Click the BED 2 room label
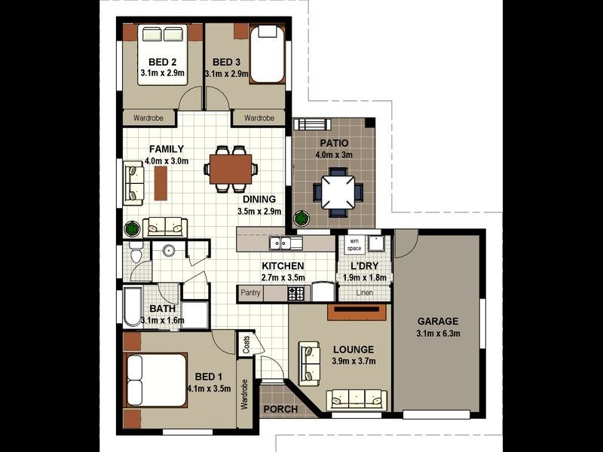pos(162,63)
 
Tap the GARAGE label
pos(438,322)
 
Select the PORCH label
pos(280,409)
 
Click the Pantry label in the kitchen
pos(250,292)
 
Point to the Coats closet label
pos(246,344)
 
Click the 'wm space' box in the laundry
pos(354,244)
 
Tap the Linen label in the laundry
pos(364,292)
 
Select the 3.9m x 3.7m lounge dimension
pos(354,362)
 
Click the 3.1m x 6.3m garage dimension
pos(438,334)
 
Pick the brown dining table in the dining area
pos(231,169)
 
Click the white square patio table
pos(338,192)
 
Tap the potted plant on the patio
pos(301,218)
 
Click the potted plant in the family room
pos(132,229)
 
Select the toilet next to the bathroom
pos(136,252)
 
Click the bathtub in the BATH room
pos(133,307)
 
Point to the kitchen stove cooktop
pos(296,294)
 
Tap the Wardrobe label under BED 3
pos(259,118)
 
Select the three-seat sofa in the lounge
pos(357,400)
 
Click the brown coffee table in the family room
pos(161,183)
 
